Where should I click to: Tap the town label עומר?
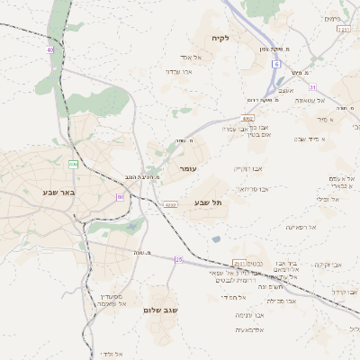[x=188, y=169]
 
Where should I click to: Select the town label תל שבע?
[x=208, y=202]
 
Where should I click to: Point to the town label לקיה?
[x=221, y=38]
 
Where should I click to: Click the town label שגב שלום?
[x=162, y=310]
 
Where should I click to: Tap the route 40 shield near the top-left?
[x=50, y=50]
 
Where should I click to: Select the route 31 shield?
[x=312, y=87]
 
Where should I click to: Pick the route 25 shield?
[x=179, y=260]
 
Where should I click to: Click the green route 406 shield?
[x=73, y=164]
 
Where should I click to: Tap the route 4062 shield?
[x=247, y=118]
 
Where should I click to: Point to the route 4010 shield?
[x=170, y=205]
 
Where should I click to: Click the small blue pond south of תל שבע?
[x=216, y=239]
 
